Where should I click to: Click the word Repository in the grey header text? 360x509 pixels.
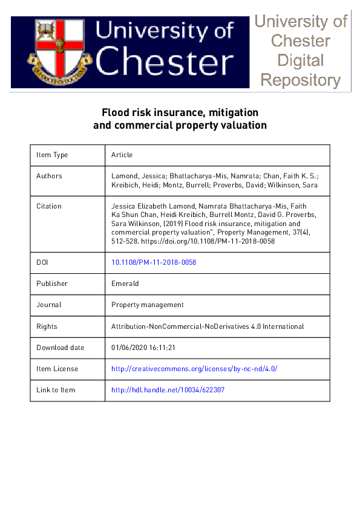pos(300,80)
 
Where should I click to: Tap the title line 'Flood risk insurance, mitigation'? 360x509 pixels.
pos(180,112)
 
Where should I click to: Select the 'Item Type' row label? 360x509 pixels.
pos(52,155)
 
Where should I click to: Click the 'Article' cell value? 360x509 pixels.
pos(122,155)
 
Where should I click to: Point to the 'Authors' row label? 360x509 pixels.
pos(49,176)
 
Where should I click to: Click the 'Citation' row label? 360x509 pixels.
pos(48,206)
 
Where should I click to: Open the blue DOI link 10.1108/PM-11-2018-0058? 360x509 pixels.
pos(154,262)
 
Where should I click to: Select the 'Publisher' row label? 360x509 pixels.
pos(52,284)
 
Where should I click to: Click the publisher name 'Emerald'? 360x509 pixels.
pos(125,284)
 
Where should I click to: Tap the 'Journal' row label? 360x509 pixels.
pos(48,305)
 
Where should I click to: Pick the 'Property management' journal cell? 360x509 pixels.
pos(147,305)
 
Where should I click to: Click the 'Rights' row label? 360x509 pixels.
pos(47,326)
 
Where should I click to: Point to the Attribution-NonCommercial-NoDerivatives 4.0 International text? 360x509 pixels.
pos(208,326)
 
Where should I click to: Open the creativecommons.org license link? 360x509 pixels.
pos(194,369)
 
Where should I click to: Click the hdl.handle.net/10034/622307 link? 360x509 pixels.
pos(168,390)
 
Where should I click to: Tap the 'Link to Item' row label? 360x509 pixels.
pos(56,390)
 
